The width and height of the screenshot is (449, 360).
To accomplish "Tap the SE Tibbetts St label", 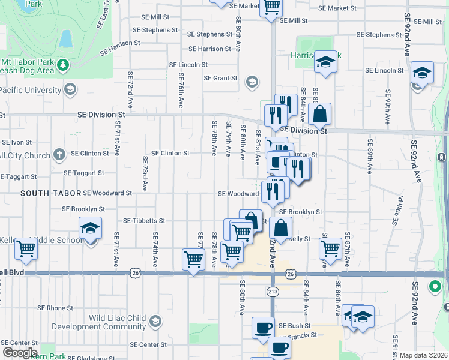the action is [143, 221].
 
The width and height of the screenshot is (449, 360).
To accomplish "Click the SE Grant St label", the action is [221, 78].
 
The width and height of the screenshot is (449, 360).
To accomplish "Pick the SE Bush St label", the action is [294, 325].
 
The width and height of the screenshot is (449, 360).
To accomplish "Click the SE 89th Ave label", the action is [370, 155].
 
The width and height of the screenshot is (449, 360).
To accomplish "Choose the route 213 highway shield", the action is [272, 291].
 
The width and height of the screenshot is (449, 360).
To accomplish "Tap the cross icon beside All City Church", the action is [59, 154].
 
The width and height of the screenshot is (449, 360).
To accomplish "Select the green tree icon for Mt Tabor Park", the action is [62, 64].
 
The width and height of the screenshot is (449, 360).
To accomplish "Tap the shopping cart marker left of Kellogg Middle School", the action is [26, 247].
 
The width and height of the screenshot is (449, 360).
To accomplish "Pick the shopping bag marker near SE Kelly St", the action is [280, 228].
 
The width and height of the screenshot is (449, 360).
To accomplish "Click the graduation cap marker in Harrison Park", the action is [325, 62].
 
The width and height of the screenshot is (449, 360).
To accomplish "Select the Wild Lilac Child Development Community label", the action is [100, 322].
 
